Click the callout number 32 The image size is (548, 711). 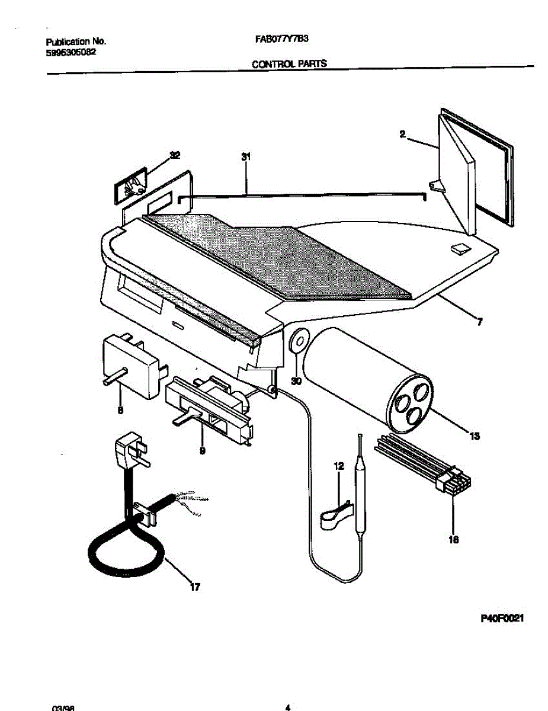click(175, 156)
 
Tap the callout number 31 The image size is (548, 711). click(245, 157)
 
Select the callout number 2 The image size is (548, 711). click(402, 135)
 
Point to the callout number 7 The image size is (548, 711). click(479, 322)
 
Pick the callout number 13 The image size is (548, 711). click(474, 437)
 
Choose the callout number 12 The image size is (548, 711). click(338, 466)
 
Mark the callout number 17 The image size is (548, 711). click(194, 587)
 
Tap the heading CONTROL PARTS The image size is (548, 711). click(289, 64)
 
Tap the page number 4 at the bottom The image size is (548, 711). click(287, 706)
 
